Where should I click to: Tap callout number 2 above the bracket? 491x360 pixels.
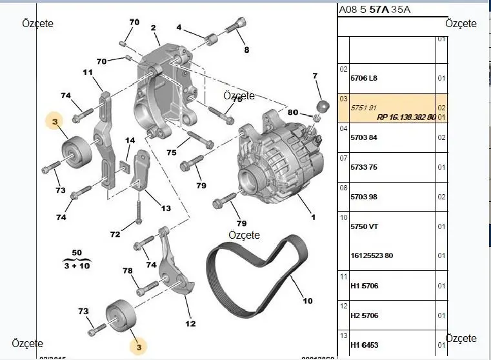(x=154, y=28)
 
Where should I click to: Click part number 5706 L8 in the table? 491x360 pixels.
(x=364, y=78)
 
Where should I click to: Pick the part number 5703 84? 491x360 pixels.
(x=364, y=137)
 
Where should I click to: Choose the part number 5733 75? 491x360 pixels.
(x=364, y=167)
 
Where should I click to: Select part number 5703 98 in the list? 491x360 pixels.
(x=364, y=197)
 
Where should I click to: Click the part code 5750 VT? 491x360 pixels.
(x=363, y=226)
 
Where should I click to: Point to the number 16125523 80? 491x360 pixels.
(x=371, y=255)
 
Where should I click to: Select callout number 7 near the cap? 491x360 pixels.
(x=316, y=77)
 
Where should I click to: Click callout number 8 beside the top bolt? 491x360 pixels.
(x=246, y=50)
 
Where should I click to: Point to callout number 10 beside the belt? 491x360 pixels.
(x=307, y=301)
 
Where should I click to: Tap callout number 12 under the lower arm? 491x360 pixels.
(x=190, y=323)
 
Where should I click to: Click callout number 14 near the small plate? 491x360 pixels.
(x=130, y=141)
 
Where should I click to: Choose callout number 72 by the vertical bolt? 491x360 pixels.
(x=115, y=235)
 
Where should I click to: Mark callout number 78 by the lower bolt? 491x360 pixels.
(x=128, y=271)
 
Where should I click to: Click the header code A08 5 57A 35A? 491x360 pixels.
(x=374, y=10)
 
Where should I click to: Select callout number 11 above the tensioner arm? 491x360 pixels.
(x=88, y=72)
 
